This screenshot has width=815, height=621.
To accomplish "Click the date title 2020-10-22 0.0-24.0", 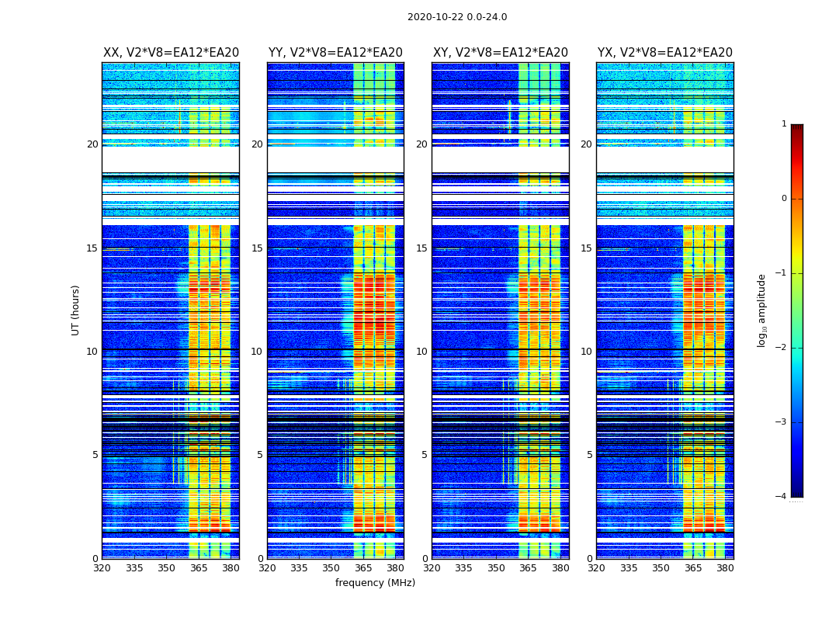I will [457, 17].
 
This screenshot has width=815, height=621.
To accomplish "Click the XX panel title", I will [171, 53].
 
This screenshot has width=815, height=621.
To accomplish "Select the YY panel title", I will [335, 53].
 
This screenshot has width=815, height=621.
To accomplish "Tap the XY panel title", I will [500, 53].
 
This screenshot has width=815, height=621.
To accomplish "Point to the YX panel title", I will [664, 53].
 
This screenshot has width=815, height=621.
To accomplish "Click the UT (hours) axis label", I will [76, 310].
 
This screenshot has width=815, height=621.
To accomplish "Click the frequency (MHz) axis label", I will [375, 583].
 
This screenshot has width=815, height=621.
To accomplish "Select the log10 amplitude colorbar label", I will [762, 310].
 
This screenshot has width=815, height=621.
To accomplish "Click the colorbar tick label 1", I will [784, 124].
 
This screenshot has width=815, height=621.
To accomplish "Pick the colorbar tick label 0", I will [784, 199].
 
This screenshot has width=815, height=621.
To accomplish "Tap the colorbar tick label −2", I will [782, 348].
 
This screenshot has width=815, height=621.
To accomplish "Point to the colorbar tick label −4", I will [782, 497].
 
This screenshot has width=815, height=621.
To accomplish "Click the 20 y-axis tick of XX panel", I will [92, 144].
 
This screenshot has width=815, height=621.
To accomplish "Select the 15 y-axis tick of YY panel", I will [257, 248].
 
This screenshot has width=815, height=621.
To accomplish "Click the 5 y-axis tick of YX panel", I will [589, 455].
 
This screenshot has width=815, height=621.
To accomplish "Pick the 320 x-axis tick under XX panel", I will [102, 568].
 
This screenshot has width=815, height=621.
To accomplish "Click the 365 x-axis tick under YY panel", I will [363, 568].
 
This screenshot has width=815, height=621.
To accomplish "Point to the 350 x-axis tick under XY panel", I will [496, 568].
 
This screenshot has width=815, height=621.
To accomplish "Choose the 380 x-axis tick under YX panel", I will [725, 568].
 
